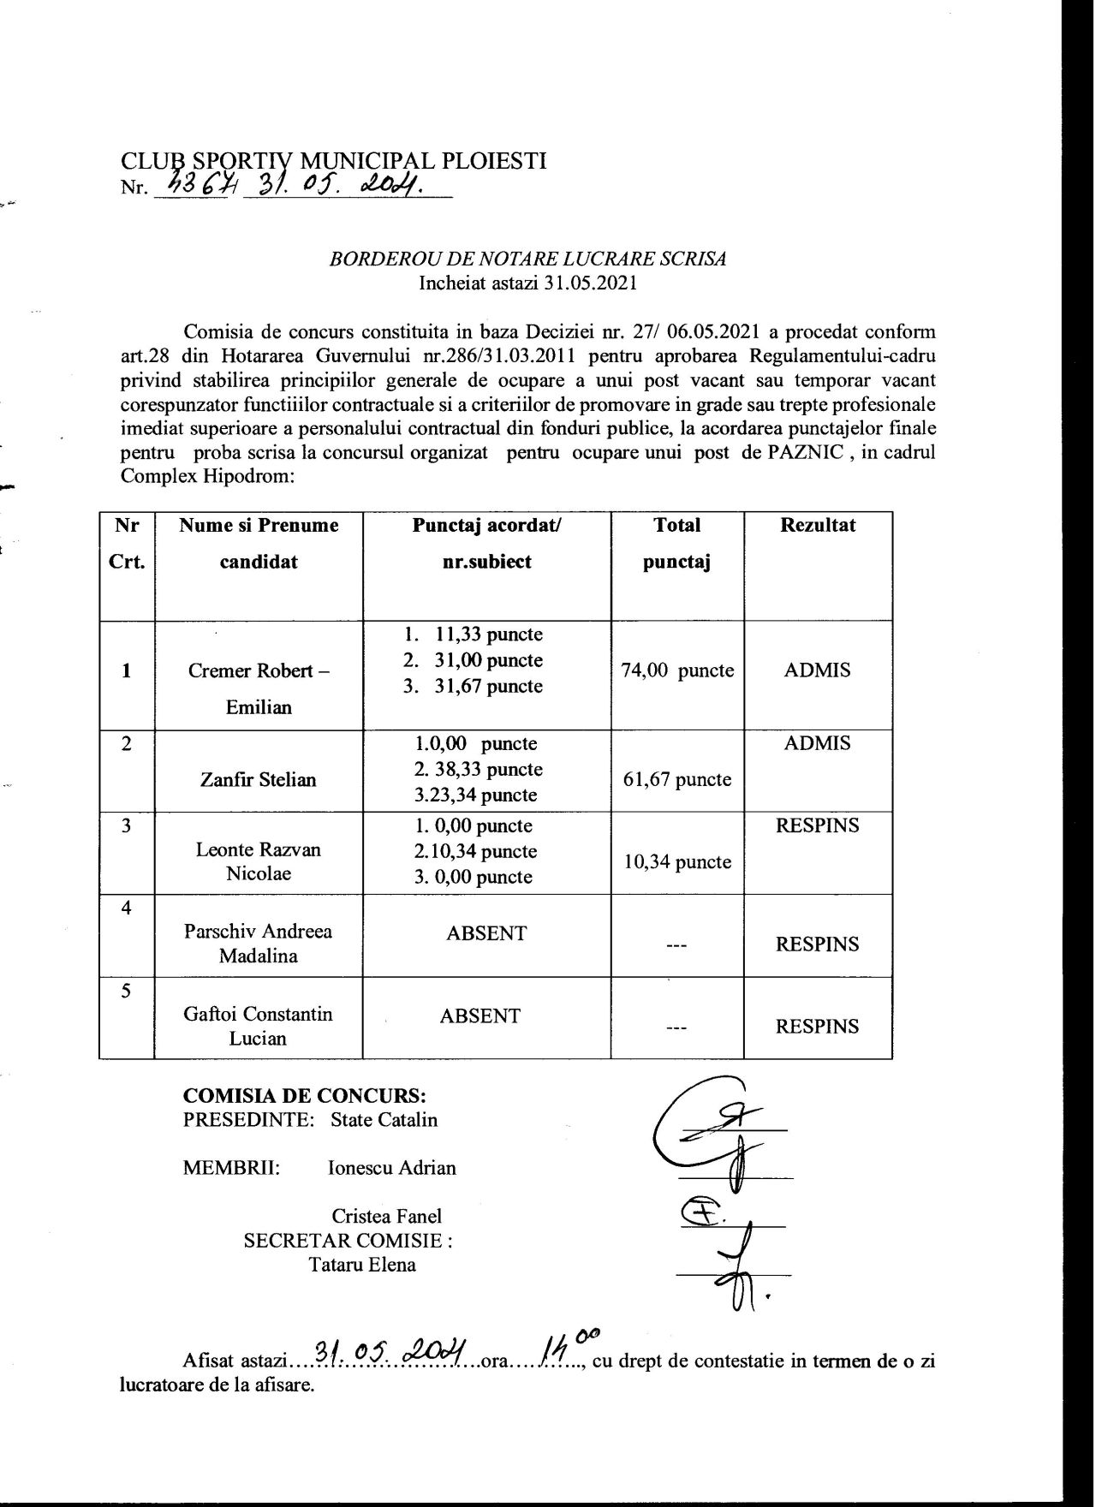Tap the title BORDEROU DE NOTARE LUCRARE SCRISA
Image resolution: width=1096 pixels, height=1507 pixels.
click(x=528, y=259)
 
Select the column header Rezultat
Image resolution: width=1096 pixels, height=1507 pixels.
click(x=817, y=525)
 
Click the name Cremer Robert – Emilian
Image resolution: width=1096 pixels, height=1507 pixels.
click(x=259, y=688)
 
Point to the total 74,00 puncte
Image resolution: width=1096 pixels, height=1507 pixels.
click(x=677, y=670)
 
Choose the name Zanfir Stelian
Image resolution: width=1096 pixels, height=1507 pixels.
click(x=259, y=779)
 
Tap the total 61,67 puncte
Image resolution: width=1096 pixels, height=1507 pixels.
click(x=677, y=779)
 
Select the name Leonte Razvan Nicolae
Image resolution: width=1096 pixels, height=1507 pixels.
click(x=259, y=861)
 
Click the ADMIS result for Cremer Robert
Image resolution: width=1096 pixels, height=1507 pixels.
click(x=817, y=670)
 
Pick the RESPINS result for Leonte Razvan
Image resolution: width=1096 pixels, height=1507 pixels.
click(x=817, y=826)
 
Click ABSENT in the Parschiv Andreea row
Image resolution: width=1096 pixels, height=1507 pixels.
click(x=486, y=933)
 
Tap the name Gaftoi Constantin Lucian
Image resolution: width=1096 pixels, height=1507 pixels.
click(x=259, y=1026)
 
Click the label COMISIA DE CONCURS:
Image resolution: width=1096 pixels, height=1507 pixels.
click(x=305, y=1095)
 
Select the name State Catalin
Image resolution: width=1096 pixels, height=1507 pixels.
click(x=384, y=1119)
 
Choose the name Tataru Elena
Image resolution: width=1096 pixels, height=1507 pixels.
click(x=363, y=1264)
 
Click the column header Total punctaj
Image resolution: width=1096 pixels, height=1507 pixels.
click(x=677, y=543)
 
